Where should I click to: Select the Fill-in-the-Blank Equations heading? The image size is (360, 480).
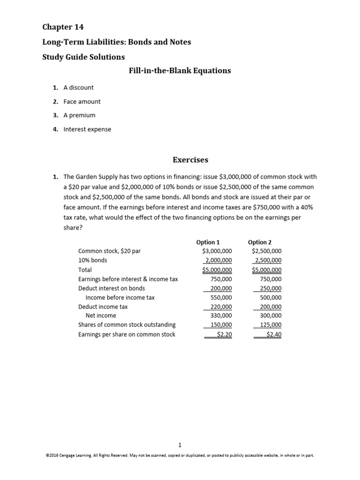(180, 71)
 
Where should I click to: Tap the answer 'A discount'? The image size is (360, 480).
(79, 88)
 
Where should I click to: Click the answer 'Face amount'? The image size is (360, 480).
(82, 101)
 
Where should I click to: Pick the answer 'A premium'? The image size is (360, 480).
(79, 115)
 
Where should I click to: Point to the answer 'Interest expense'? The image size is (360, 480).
(88, 129)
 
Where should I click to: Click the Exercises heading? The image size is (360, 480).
(190, 160)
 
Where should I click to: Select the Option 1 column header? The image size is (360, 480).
(208, 242)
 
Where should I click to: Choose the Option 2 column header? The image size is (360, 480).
(260, 242)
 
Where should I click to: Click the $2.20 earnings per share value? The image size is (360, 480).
(224, 334)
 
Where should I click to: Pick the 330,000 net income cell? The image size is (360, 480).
(220, 316)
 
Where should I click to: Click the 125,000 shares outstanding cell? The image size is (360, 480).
(270, 325)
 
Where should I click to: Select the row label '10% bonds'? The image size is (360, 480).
(93, 260)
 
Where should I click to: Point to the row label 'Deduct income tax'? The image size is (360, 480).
(103, 307)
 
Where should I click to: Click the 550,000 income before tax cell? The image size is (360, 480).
(220, 298)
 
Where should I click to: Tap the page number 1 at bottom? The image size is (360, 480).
(180, 445)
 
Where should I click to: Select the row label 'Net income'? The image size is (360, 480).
(104, 316)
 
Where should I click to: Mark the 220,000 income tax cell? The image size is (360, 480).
(220, 307)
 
